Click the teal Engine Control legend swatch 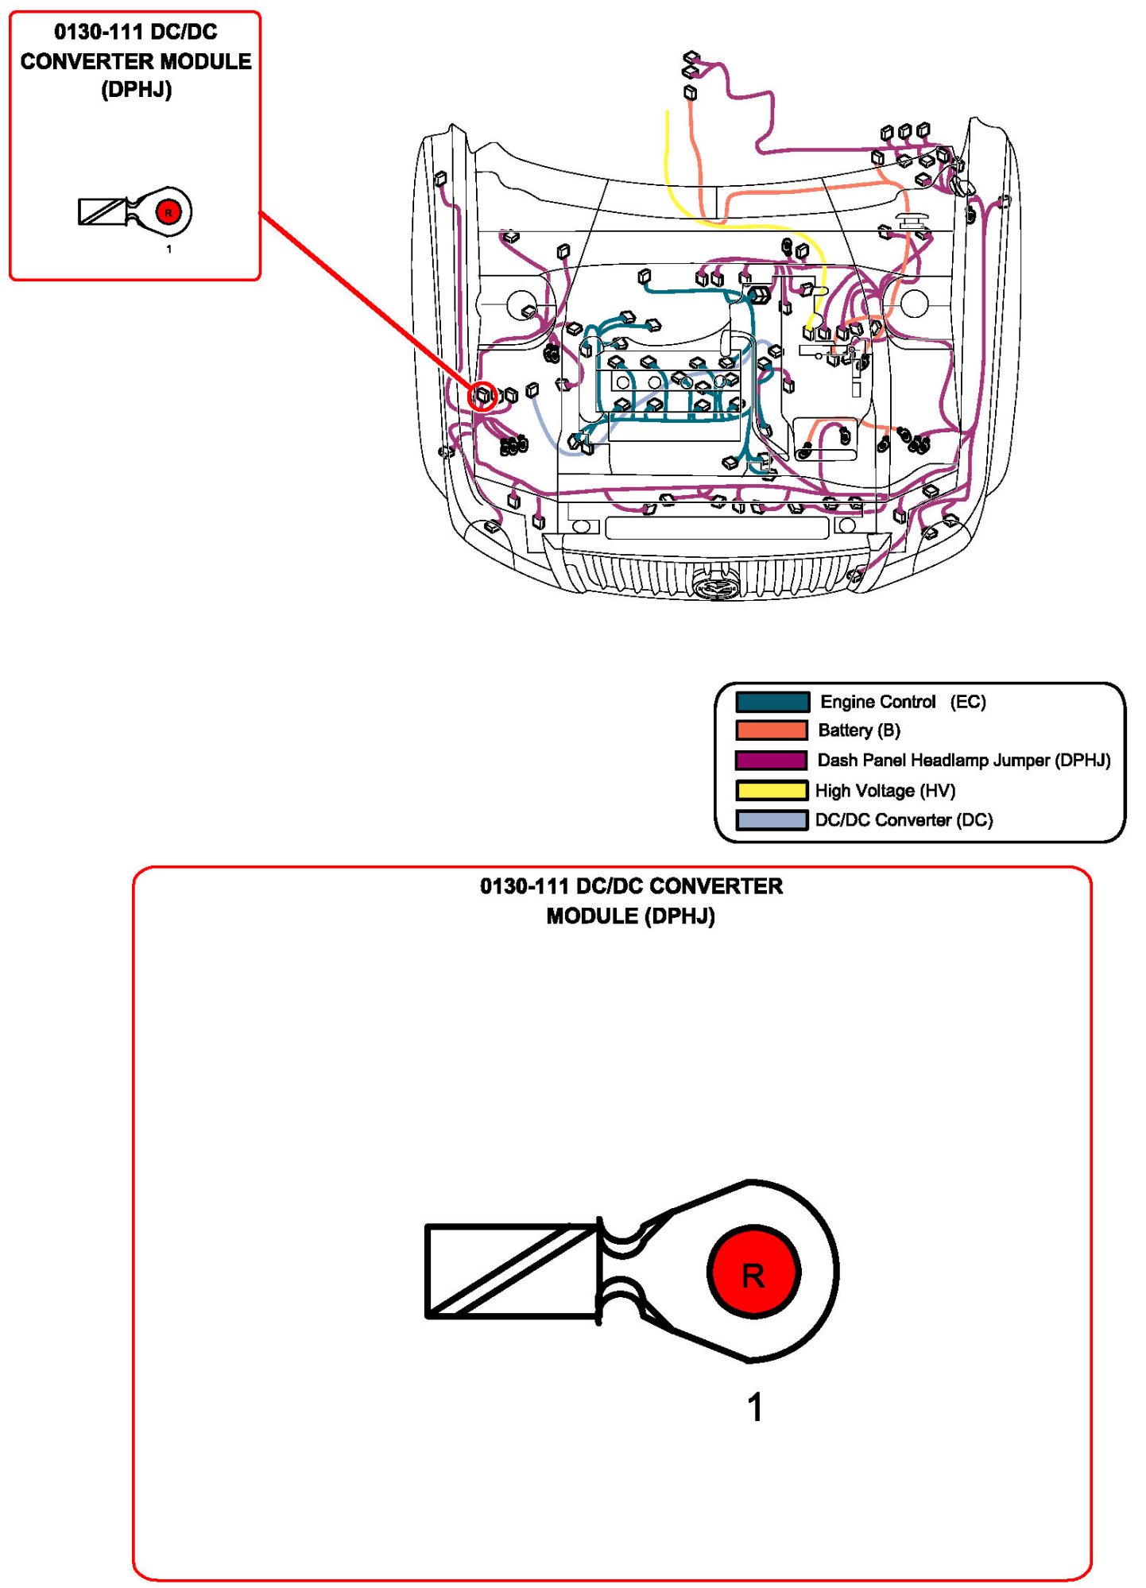[x=772, y=702]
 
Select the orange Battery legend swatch [x=772, y=730]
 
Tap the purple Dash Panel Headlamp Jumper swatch [x=772, y=760]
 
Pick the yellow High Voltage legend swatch [x=772, y=790]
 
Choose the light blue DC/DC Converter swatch [x=772, y=819]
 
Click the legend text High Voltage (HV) [x=885, y=791]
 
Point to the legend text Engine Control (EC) [x=903, y=702]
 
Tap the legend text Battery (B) [x=859, y=730]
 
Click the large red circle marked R [x=753, y=1272]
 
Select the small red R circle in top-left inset [x=168, y=212]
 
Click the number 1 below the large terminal [x=755, y=1408]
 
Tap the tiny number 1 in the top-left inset [x=168, y=249]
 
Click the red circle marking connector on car [x=482, y=395]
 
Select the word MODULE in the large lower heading [x=592, y=916]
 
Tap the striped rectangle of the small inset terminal [x=103, y=211]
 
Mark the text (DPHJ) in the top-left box [x=137, y=90]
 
